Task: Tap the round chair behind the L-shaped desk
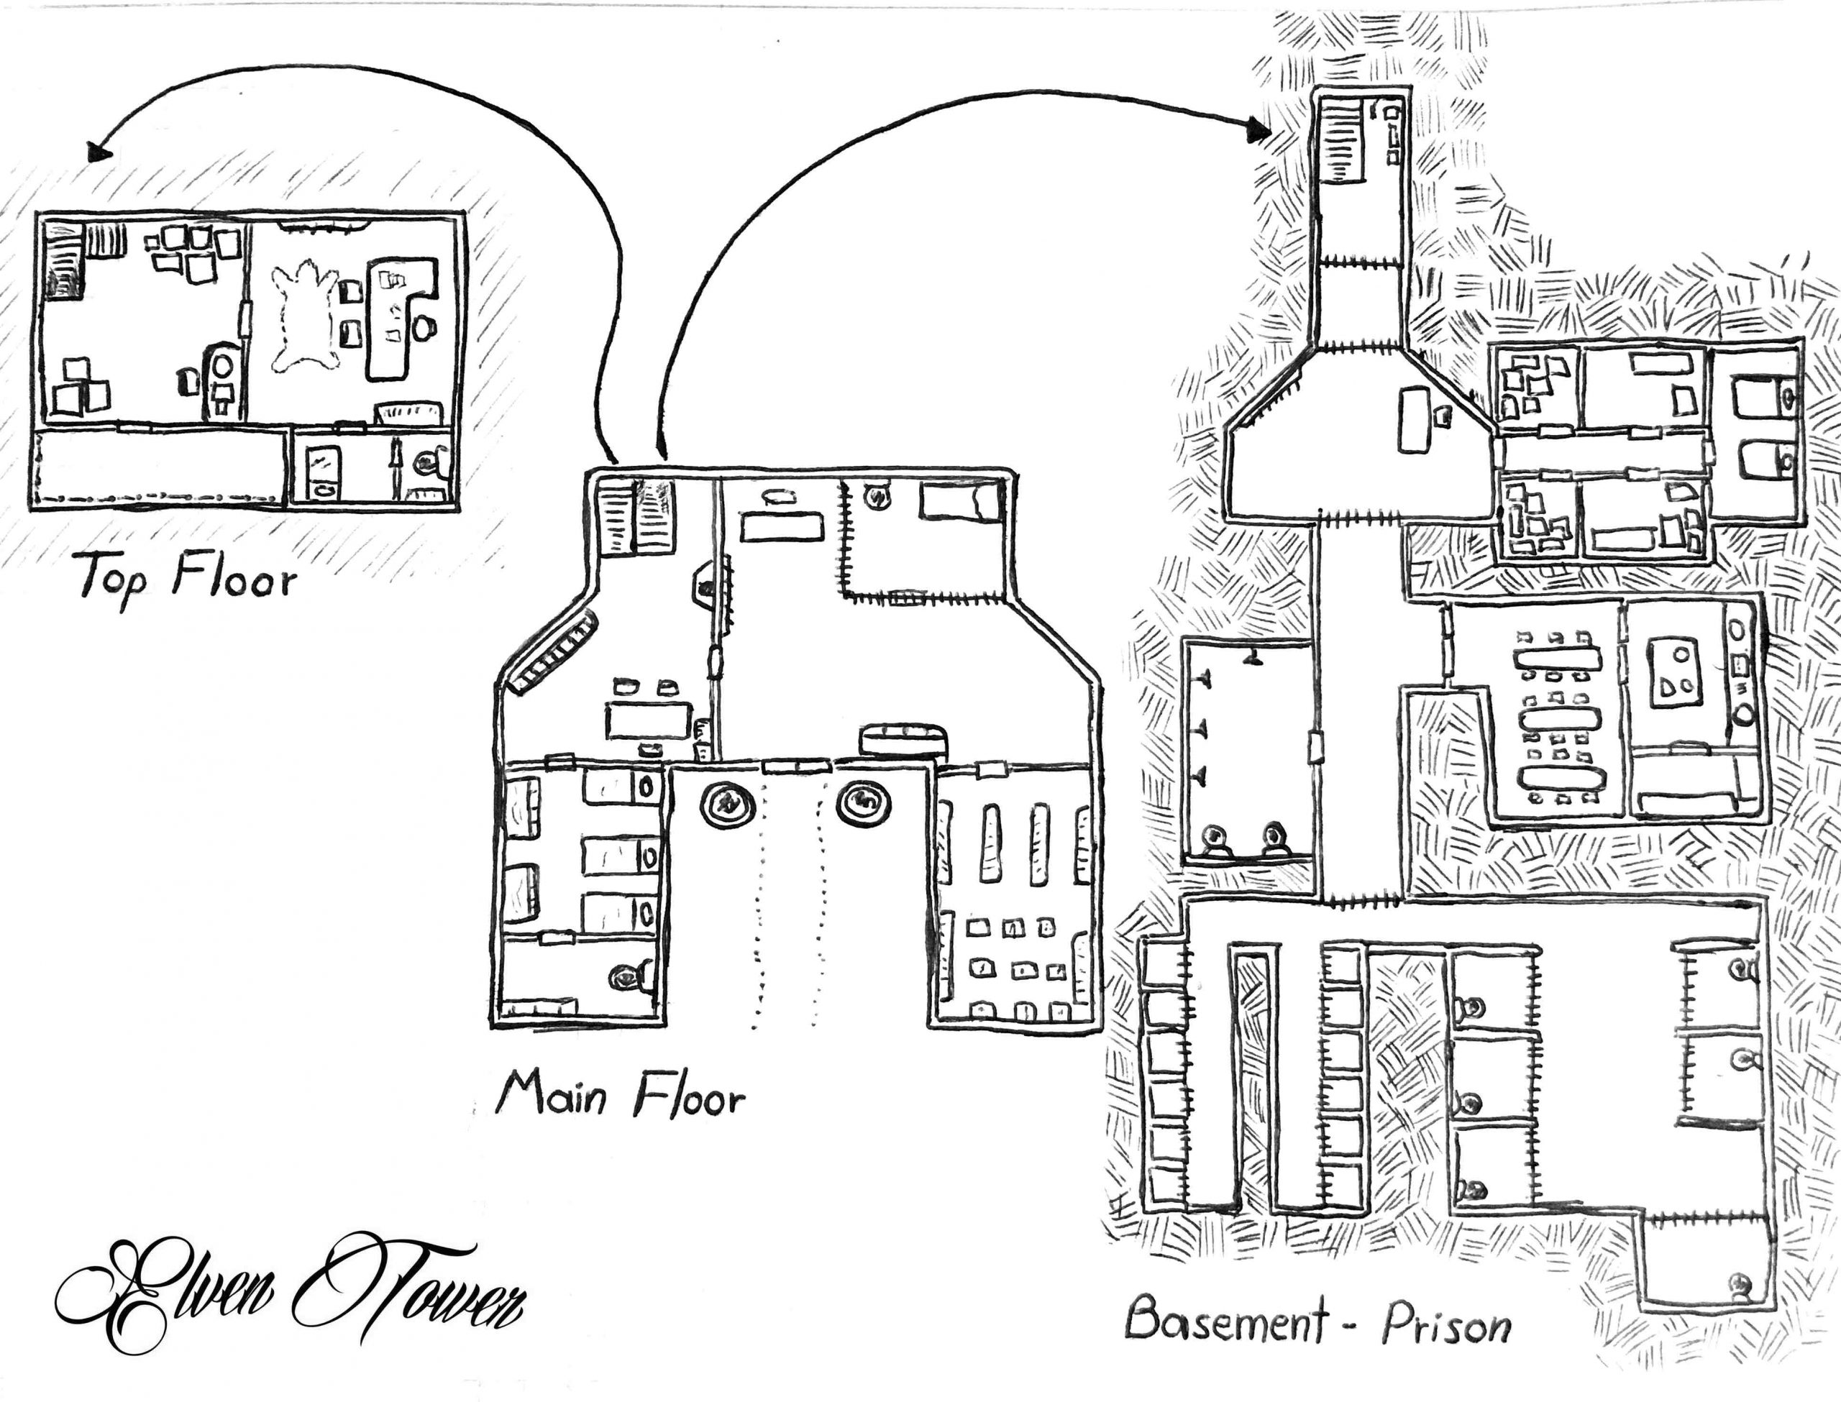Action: [x=424, y=327]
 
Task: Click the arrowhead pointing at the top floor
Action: [x=99, y=152]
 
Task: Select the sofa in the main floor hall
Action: [x=905, y=738]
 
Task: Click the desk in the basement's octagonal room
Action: [x=1412, y=421]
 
